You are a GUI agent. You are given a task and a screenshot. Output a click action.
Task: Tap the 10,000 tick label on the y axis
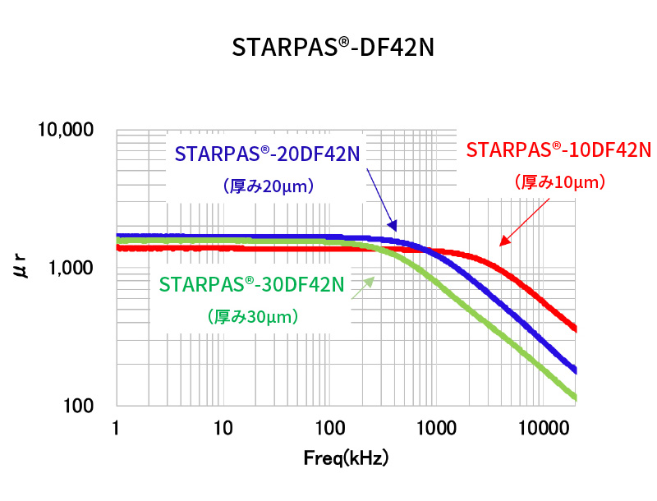[x=65, y=130]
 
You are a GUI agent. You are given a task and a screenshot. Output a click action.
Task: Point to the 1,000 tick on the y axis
[x=71, y=268]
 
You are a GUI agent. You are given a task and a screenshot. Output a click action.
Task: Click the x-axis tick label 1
[x=116, y=429]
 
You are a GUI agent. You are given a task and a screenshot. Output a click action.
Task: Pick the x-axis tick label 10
[x=222, y=429]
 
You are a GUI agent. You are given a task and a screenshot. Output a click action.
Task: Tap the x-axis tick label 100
[x=328, y=429]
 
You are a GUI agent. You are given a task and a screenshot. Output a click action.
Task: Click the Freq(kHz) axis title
[x=346, y=457]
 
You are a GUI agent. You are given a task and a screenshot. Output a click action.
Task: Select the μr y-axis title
[x=24, y=268]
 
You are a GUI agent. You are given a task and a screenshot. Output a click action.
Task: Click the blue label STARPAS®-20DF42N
[x=268, y=154]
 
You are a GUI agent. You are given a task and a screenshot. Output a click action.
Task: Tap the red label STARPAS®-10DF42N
[x=558, y=150]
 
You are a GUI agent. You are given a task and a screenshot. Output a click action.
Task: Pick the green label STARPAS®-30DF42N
[x=251, y=285]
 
